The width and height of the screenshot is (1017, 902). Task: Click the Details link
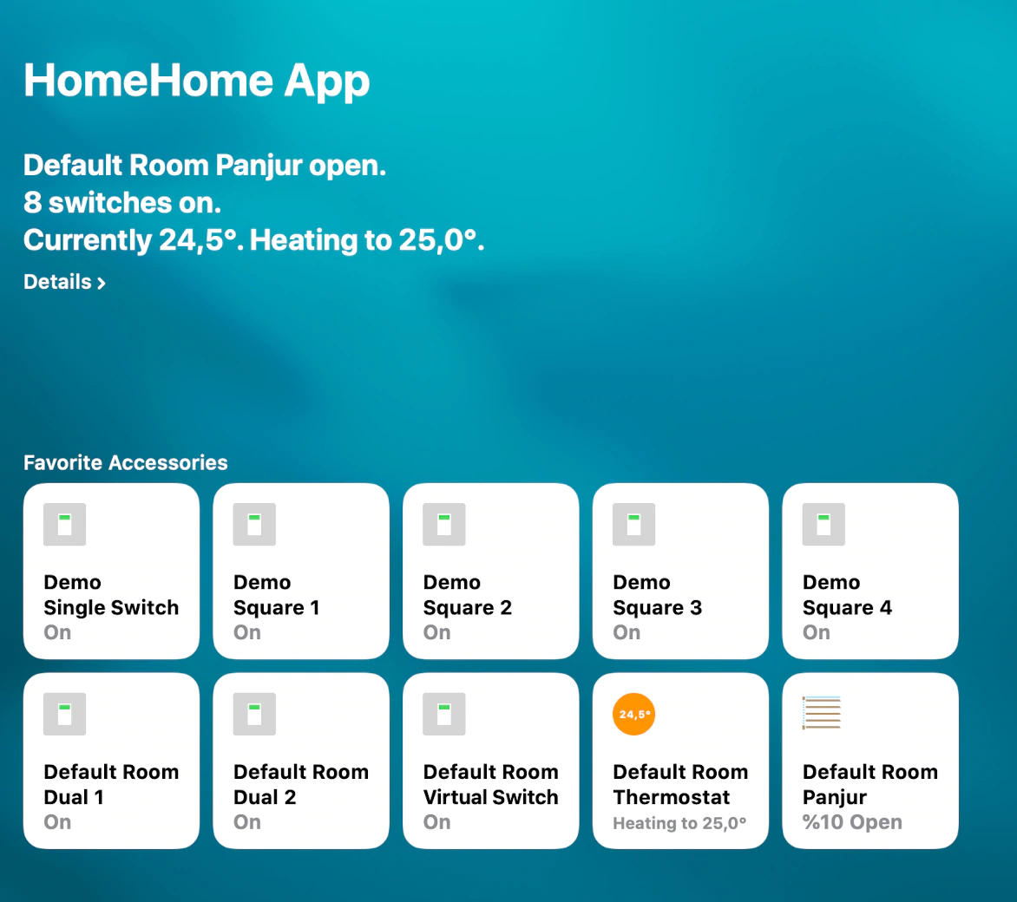[x=64, y=282]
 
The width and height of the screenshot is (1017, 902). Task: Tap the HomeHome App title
[x=196, y=82]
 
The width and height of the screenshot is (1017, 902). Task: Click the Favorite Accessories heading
[x=126, y=462]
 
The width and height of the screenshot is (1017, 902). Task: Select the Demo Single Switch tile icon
[x=65, y=524]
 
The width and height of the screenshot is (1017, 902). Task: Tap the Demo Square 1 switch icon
[x=254, y=524]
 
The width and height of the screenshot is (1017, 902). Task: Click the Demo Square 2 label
[x=468, y=595]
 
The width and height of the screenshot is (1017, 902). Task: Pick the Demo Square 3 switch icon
[x=633, y=524]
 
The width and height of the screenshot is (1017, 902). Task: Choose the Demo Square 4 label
[x=847, y=595]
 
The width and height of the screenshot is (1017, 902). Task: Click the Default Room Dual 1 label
[x=111, y=784]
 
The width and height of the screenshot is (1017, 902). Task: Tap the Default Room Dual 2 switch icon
[x=254, y=714]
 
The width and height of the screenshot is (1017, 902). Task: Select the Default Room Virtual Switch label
[x=491, y=784]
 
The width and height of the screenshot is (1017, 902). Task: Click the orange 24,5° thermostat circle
[x=633, y=714]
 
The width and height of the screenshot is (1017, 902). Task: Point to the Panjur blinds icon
[x=822, y=713]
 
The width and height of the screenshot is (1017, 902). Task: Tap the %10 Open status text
[x=852, y=822]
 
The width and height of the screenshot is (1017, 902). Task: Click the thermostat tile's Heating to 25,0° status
[x=679, y=823]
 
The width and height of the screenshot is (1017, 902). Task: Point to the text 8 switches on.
[x=122, y=203]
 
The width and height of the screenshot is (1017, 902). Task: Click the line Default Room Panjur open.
[x=205, y=166]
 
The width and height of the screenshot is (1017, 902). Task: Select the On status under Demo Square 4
[x=816, y=632]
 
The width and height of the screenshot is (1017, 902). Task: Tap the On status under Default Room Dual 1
[x=57, y=822]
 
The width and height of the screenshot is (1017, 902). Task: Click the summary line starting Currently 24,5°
[x=254, y=240]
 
